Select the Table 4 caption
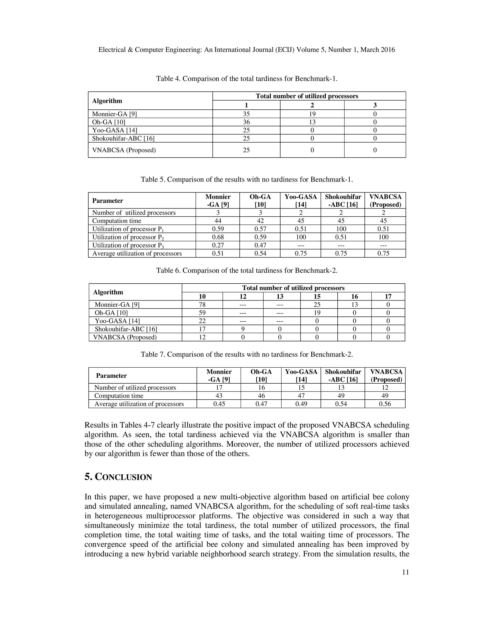247,79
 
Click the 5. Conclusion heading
118,477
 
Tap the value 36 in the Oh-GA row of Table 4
246,122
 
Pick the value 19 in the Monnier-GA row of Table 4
312,114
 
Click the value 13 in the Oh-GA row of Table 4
312,122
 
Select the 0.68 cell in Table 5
218,237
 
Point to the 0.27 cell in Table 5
218,245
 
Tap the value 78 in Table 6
202,305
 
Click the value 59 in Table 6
202,313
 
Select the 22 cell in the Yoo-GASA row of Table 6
202,321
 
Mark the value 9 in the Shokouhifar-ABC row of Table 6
243,329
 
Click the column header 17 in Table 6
388,296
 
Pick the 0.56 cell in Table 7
385,404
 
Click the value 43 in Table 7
219,396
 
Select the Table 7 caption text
247,354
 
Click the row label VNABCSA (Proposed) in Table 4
124,150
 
